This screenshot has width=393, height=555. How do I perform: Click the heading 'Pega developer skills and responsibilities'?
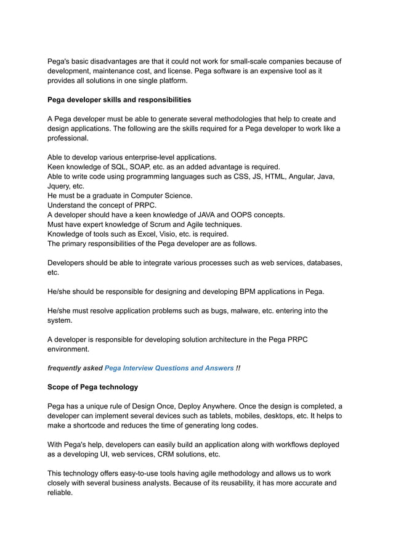point(119,99)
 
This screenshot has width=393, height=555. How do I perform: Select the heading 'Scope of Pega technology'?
point(92,387)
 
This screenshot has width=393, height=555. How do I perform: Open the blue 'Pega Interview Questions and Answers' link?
point(169,368)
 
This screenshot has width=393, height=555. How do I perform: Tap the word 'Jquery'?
point(59,186)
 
